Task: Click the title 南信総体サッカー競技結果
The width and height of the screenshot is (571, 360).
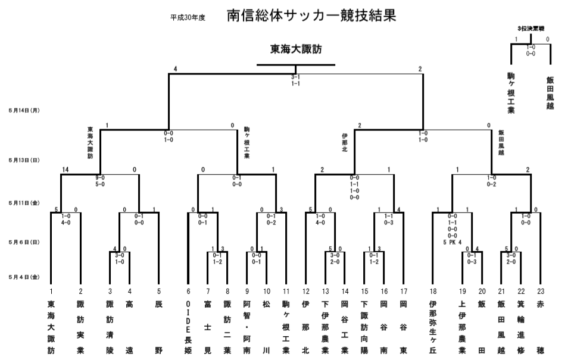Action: pos(311,15)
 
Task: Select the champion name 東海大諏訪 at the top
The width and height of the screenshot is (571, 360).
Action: pos(296,49)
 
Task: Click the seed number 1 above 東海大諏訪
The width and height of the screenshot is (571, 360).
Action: pos(51,291)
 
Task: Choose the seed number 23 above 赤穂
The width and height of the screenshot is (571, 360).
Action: pos(539,291)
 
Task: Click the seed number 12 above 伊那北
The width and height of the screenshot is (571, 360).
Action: pos(305,291)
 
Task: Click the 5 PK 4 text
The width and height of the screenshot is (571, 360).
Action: pos(452,242)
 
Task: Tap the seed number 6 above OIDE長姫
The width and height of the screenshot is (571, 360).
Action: pos(188,291)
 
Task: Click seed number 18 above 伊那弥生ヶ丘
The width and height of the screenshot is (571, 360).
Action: pos(432,291)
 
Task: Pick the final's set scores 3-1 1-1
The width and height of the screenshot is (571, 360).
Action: pos(295,81)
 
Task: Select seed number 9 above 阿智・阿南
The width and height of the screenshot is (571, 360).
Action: pos(247,291)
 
